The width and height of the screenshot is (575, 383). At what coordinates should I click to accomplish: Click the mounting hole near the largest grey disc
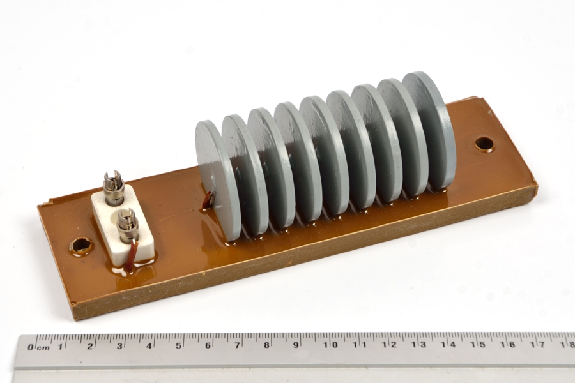pos(484,143)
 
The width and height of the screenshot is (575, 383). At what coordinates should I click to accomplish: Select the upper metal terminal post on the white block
pos(111,187)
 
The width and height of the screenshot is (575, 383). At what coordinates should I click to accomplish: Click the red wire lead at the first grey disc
pos(209,200)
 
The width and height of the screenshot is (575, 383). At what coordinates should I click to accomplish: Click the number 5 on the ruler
pos(178,345)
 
